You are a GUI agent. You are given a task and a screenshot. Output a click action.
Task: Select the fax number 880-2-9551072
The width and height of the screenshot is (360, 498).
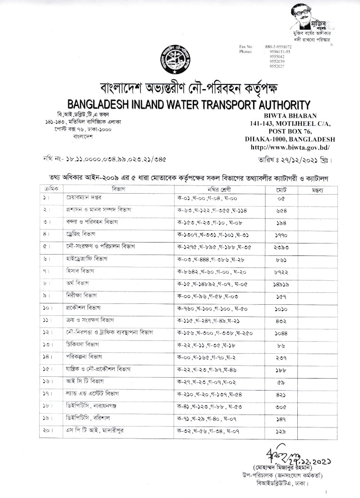tap(278, 47)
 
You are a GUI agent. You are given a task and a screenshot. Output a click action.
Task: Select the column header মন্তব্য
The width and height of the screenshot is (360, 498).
tap(318, 190)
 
